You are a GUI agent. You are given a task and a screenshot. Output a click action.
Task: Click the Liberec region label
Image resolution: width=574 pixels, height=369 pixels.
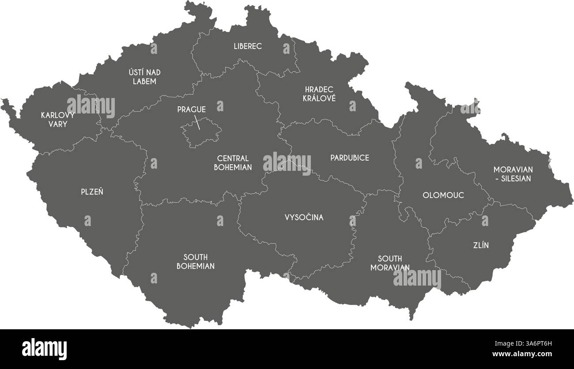click(x=248, y=46)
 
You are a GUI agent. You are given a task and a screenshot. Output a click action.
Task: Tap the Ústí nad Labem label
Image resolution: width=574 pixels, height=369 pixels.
click(x=144, y=77)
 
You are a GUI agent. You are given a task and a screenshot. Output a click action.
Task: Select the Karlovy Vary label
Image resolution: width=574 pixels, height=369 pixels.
click(x=57, y=120)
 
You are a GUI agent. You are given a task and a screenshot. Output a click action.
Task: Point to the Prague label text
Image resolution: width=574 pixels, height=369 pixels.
click(x=191, y=109)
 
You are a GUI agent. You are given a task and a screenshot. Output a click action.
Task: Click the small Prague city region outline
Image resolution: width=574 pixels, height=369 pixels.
click(x=201, y=132)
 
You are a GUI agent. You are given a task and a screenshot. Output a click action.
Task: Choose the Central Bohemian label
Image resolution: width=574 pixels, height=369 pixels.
click(x=233, y=163)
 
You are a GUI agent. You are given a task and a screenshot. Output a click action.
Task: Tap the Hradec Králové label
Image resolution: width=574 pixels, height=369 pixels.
click(x=319, y=94)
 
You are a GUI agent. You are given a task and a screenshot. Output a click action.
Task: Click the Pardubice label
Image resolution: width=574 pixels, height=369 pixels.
click(x=349, y=158)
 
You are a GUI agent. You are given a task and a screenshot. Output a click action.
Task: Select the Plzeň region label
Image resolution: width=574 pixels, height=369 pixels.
click(x=92, y=192)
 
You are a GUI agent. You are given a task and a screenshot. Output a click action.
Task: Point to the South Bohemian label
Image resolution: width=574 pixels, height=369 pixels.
click(x=195, y=262)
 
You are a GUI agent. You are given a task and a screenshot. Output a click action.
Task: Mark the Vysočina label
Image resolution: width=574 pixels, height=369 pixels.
click(x=304, y=217)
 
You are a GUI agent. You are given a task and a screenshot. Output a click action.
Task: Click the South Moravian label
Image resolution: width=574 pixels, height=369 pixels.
click(x=389, y=263)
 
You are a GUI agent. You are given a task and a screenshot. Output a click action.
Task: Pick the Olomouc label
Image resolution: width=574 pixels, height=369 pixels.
click(x=443, y=195)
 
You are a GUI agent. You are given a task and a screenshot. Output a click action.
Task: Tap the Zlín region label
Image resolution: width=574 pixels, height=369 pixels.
click(x=481, y=245)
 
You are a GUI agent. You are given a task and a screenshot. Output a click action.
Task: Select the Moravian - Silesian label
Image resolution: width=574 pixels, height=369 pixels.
click(x=513, y=174)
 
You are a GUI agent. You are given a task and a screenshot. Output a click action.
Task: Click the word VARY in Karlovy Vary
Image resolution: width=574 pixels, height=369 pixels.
click(x=57, y=124)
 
